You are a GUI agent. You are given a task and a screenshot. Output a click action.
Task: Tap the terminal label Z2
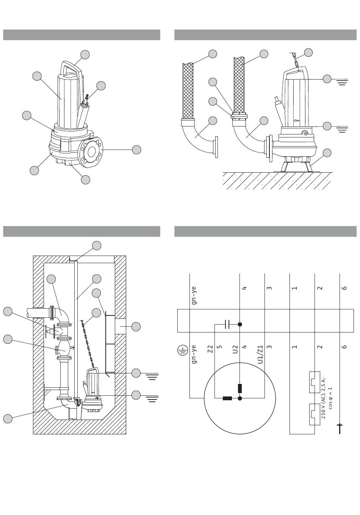(x=210, y=349)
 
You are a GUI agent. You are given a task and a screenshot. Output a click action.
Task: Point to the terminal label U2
(x=235, y=349)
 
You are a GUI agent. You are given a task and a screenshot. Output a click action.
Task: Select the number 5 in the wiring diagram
(x=220, y=347)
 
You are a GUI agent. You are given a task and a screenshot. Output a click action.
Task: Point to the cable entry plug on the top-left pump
(x=85, y=101)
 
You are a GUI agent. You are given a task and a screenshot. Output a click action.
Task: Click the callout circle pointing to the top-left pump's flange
(x=136, y=150)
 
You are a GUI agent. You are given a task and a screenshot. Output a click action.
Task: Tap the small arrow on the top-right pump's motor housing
(x=297, y=120)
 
